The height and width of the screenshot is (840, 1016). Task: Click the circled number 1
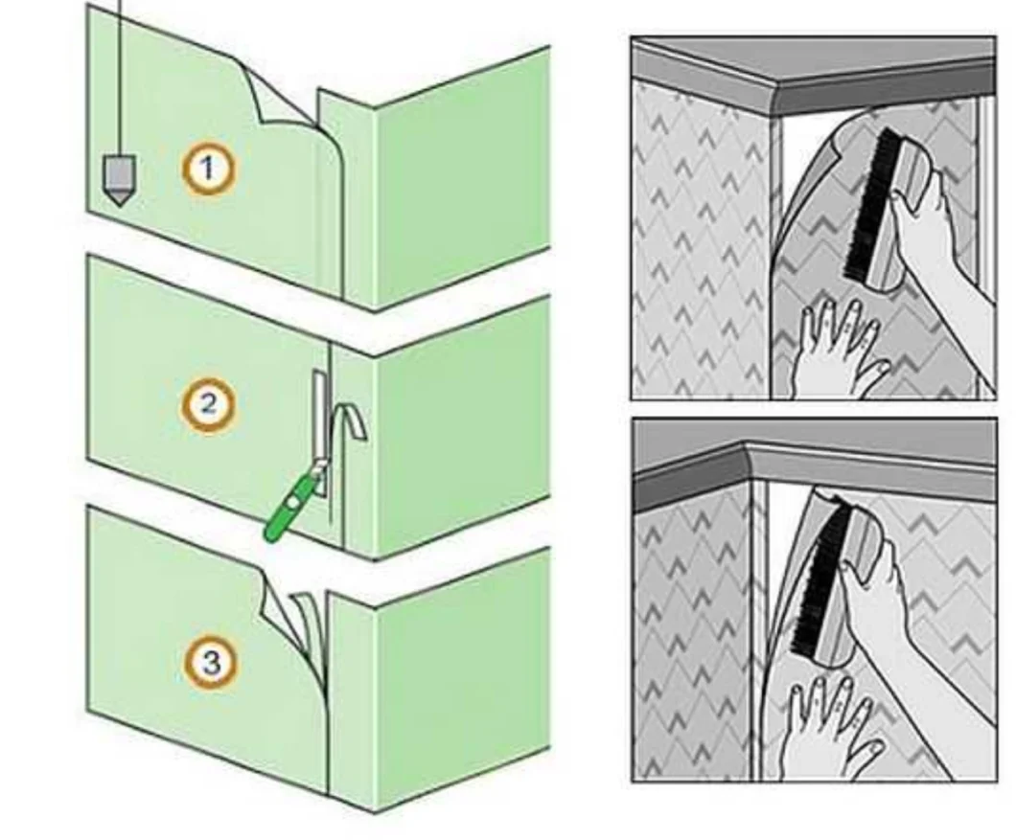[208, 170]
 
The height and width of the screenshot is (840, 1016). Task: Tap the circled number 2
[208, 406]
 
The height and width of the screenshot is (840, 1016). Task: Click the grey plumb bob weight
[119, 180]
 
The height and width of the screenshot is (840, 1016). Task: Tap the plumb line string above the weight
[119, 78]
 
